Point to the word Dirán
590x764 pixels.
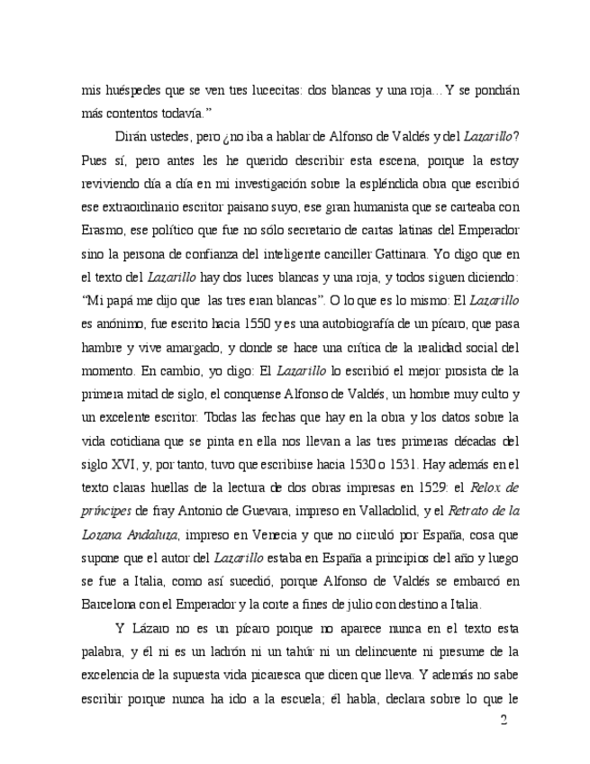pos(134,137)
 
